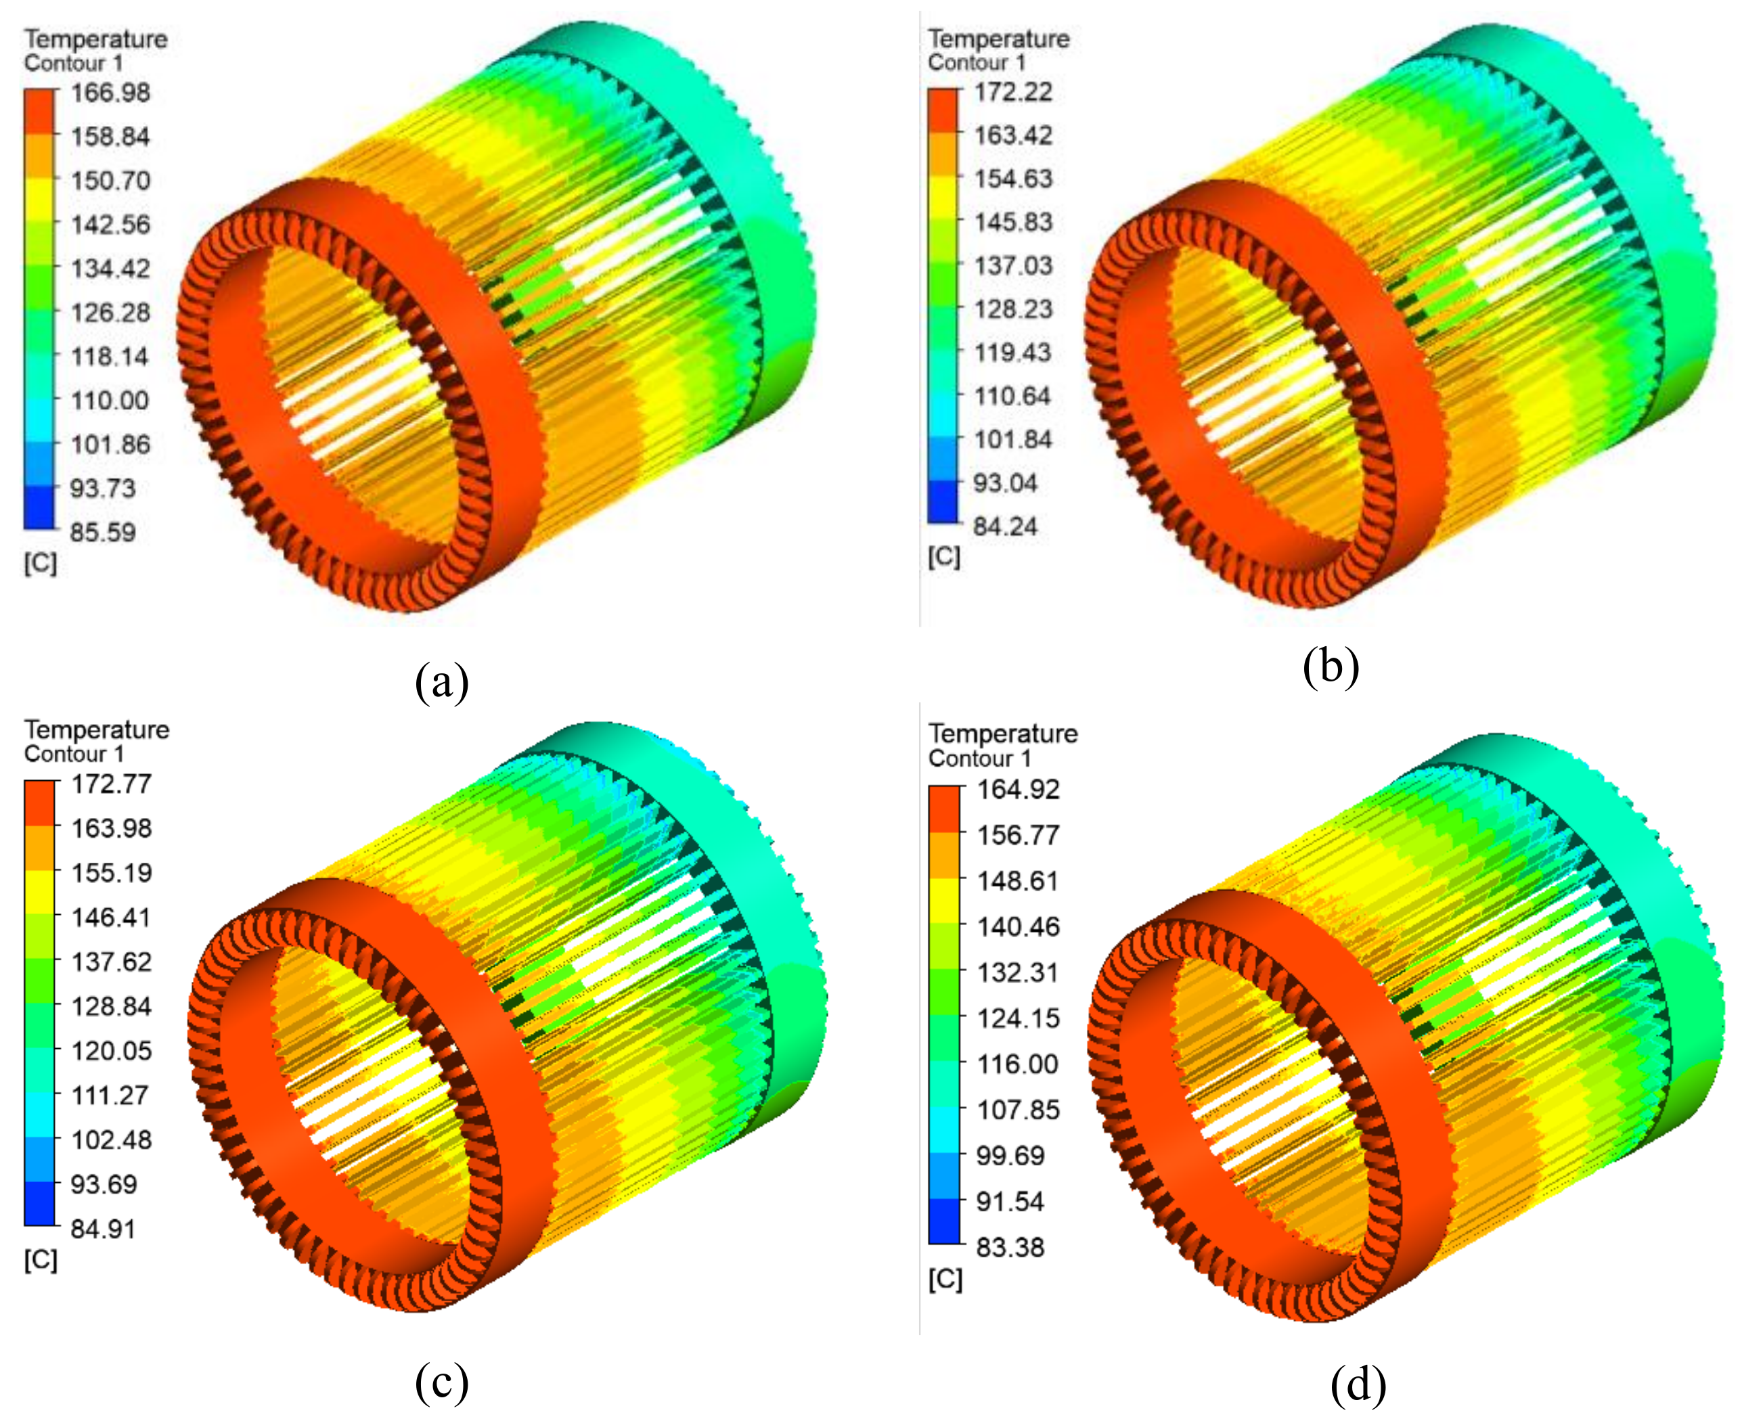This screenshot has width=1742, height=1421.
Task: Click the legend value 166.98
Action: click(x=110, y=93)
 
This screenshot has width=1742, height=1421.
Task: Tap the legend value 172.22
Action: click(x=1013, y=91)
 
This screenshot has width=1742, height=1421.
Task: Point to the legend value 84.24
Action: click(x=1005, y=526)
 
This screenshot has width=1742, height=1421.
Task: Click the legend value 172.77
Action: click(x=112, y=784)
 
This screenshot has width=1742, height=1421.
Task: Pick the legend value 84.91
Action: click(x=103, y=1229)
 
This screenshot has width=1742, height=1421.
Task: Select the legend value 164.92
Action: click(x=1019, y=790)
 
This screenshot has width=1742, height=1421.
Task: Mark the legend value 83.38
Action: click(x=1011, y=1248)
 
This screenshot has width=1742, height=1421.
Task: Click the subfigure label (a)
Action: click(x=442, y=681)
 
